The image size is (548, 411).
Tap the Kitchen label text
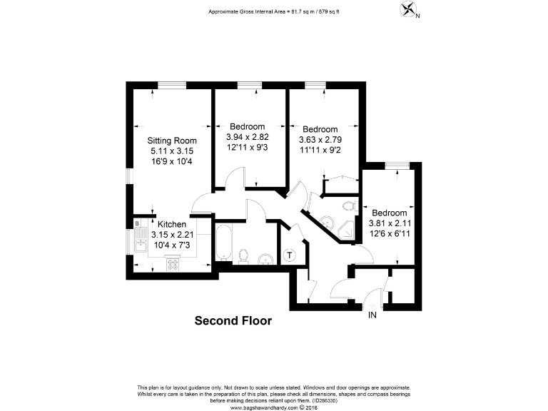tap(172, 224)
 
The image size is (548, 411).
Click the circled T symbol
tap(290, 255)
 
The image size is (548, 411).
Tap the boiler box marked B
tap(136, 224)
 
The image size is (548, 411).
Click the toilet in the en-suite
tap(347, 206)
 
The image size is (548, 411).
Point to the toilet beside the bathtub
tap(243, 255)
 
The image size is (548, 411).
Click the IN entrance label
tap(372, 315)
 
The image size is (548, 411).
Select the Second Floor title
tap(233, 321)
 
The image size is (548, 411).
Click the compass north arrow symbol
tap(407, 10)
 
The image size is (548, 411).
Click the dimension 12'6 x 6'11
tap(389, 233)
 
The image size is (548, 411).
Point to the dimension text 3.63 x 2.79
tap(320, 140)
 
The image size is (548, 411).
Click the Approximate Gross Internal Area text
tap(273, 12)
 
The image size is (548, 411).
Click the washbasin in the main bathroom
tap(264, 258)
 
